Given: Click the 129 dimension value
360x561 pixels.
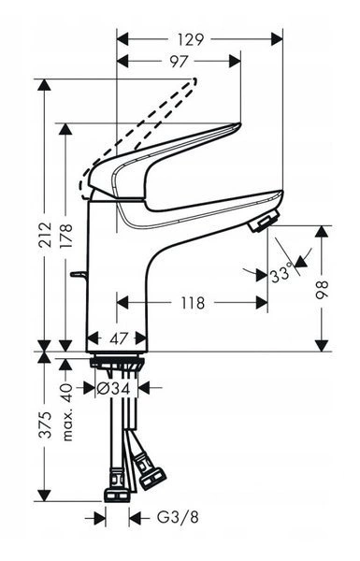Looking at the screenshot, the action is tap(191, 39).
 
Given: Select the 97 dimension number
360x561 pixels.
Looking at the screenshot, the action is tap(179, 62).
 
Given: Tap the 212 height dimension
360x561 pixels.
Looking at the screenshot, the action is tap(45, 235).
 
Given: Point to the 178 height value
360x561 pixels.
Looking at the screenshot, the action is tap(65, 236).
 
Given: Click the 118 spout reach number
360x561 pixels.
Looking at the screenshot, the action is tap(193, 303).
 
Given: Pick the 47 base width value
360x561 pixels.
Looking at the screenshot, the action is tap(119, 338).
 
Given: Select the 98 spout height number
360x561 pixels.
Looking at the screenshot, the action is tap(322, 290).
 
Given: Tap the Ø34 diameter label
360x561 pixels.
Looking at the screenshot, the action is tap(113, 388).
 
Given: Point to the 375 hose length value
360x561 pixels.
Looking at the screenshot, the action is tap(45, 425).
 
